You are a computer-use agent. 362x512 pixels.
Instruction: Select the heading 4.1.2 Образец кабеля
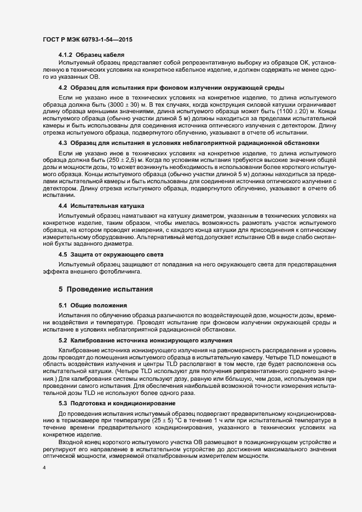pos(91,55)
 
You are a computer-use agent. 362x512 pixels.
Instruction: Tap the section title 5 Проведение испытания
pos(106,288)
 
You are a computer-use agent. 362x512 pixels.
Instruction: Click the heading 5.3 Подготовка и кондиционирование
pos(117,403)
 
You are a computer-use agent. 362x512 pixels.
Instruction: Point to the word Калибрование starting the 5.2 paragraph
pos(86,348)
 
